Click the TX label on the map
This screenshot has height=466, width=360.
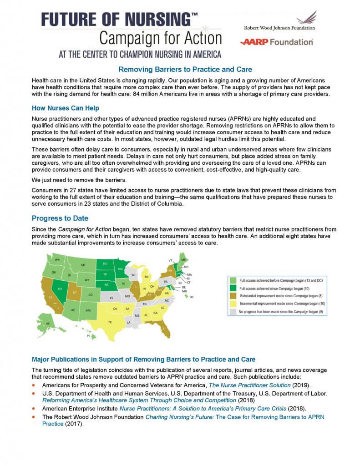(x=110, y=322)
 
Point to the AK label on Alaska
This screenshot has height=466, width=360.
(x=48, y=324)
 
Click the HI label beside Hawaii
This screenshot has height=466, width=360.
(x=89, y=336)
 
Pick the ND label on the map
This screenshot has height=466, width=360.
(x=105, y=263)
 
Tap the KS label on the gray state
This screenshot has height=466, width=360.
(x=111, y=298)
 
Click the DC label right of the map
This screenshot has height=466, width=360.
(x=192, y=297)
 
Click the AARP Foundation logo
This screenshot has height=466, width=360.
(x=277, y=42)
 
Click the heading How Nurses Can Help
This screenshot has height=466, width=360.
(x=66, y=108)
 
